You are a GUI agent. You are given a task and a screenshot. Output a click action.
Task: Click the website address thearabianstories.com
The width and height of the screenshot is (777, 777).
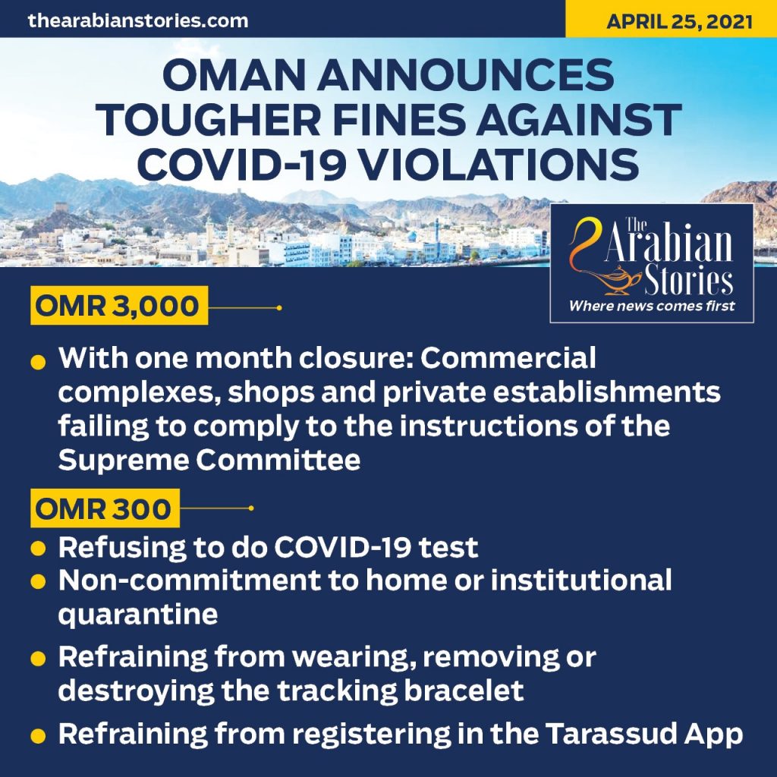138,20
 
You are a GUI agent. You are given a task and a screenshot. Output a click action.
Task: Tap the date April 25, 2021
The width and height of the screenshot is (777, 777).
679,22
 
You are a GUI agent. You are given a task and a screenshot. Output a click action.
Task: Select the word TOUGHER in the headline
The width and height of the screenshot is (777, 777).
209,121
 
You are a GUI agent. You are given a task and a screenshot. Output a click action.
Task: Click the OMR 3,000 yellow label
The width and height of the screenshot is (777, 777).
119,305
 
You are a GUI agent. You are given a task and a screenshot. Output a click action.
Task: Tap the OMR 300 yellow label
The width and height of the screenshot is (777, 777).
105,508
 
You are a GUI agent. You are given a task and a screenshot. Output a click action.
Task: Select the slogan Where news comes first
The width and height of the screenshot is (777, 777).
652,306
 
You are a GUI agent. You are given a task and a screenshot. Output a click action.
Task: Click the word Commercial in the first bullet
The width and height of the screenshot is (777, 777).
508,358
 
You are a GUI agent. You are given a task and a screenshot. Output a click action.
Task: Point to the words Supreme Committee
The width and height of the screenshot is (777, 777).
209,460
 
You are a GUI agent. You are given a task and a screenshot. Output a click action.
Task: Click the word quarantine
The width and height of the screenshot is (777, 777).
138,615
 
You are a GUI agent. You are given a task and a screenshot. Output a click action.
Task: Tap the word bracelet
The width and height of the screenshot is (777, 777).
464,690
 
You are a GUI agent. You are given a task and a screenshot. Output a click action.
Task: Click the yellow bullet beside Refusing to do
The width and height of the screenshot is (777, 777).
38,549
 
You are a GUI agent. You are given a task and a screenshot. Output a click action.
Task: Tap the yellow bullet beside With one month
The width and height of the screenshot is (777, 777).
38,362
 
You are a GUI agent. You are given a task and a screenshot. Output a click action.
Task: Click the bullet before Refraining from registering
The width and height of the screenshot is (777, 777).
38,735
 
